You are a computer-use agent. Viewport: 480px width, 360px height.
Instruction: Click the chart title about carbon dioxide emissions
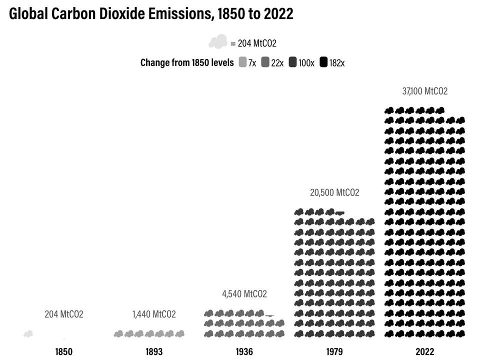coord(151,14)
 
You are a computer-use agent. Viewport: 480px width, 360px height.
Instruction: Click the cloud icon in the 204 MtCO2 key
coord(217,42)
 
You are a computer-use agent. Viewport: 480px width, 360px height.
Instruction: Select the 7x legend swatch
coord(242,62)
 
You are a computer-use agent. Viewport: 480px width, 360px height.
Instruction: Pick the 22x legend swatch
coord(265,62)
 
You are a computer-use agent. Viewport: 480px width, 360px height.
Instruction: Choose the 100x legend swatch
coord(292,62)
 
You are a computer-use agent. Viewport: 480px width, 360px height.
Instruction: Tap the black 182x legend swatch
coord(323,62)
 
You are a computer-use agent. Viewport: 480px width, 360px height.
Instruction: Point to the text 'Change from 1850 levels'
coord(187,62)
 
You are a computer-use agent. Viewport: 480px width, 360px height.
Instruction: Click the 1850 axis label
coord(63,351)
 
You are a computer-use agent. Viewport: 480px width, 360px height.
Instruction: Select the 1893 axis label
coord(154,351)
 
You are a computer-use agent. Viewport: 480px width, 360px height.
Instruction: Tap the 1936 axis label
coord(244,351)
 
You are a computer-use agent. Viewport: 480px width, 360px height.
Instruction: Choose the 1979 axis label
coord(334,351)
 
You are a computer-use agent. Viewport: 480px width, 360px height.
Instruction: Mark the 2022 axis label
coord(424,351)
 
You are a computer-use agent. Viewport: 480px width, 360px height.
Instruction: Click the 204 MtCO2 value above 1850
coord(64,314)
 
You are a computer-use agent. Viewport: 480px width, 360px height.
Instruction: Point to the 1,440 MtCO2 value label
coord(154,314)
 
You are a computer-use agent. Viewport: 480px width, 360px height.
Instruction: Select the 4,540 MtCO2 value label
coord(244,294)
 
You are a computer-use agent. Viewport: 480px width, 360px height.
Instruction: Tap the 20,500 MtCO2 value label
coord(334,192)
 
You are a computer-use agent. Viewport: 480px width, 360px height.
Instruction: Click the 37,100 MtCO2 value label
coord(424,91)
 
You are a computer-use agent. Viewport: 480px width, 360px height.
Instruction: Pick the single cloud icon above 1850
coord(28,333)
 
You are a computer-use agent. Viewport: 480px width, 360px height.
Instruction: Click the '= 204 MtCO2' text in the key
coord(253,43)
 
